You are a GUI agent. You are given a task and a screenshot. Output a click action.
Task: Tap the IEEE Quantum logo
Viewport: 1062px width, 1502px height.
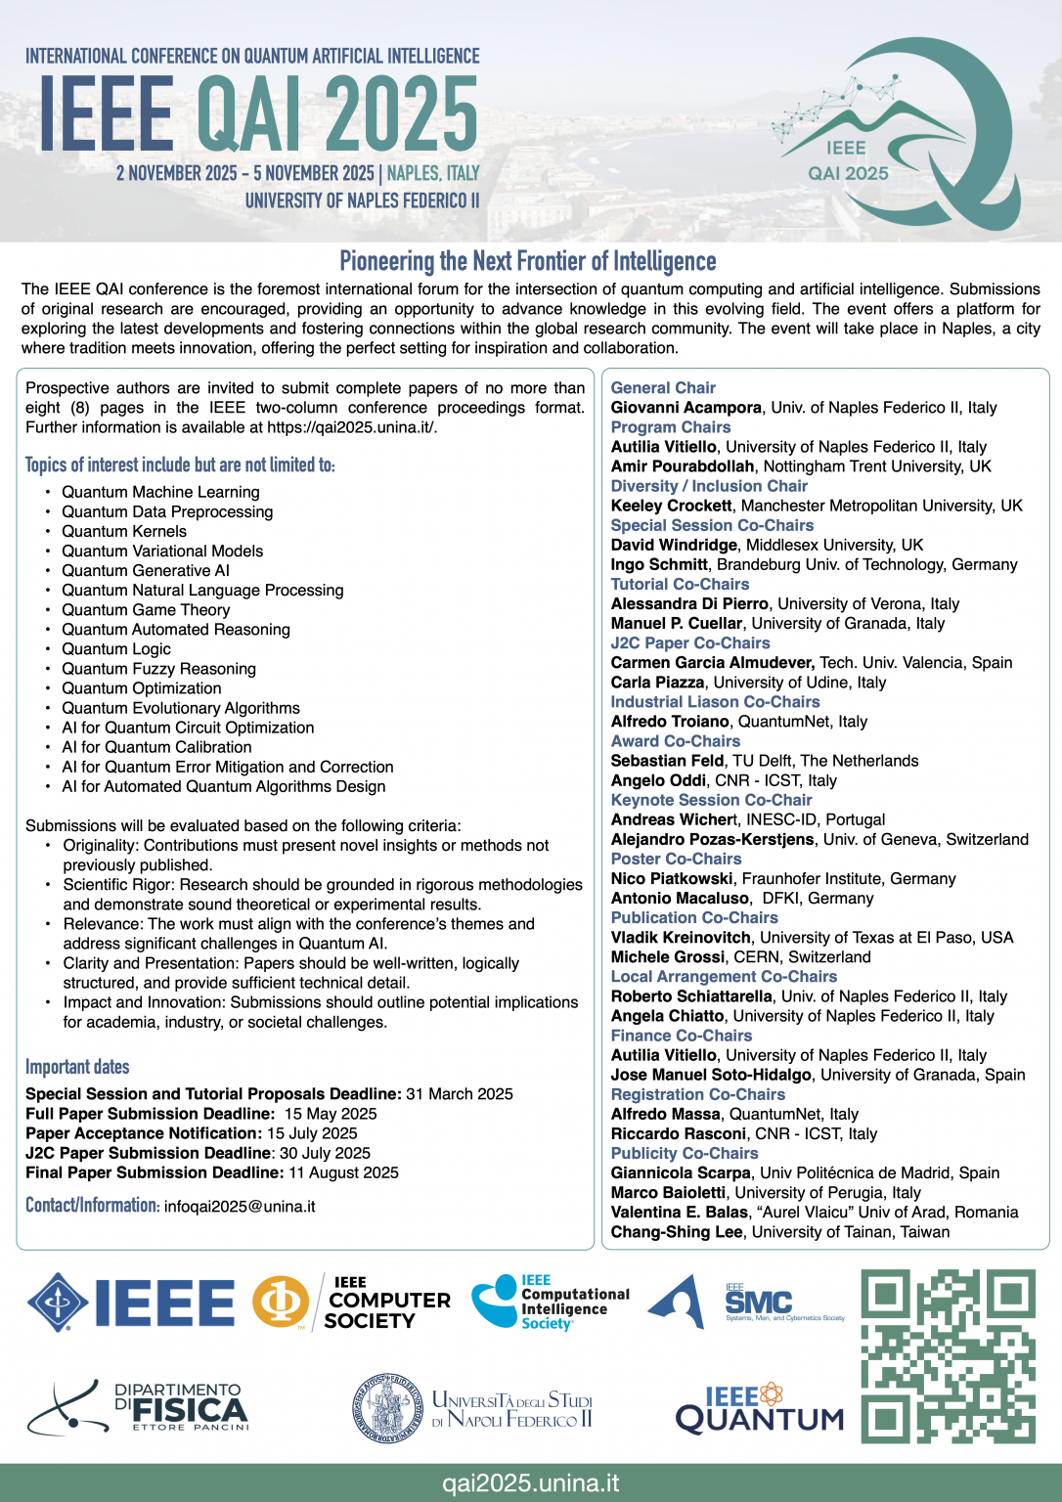pos(759,1409)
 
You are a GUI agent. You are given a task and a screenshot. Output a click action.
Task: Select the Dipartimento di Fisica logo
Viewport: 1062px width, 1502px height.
pos(138,1407)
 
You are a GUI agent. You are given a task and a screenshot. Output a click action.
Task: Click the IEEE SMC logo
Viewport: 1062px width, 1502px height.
pos(758,1303)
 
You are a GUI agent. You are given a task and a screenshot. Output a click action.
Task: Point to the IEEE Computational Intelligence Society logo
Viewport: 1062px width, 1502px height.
pos(551,1302)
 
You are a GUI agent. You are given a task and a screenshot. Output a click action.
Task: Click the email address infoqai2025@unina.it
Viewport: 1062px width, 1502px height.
pos(240,1207)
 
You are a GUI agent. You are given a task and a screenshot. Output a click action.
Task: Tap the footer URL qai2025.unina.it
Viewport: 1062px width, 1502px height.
pos(531,1482)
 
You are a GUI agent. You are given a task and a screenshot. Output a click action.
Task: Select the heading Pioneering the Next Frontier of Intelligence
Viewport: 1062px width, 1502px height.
pos(528,261)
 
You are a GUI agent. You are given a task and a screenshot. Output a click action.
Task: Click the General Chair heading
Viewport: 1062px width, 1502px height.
pos(663,388)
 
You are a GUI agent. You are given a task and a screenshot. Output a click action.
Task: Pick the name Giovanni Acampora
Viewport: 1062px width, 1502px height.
pos(686,408)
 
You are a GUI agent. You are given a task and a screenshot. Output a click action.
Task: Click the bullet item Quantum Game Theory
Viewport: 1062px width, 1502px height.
pos(146,610)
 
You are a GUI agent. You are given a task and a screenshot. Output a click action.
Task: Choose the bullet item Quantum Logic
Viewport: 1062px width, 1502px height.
pos(116,649)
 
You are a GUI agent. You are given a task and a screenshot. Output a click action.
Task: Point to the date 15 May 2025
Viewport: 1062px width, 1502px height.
pos(331,1114)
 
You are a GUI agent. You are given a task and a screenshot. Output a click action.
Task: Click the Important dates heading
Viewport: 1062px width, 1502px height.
pos(77,1067)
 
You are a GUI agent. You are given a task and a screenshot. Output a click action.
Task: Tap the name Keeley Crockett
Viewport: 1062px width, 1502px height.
pos(671,506)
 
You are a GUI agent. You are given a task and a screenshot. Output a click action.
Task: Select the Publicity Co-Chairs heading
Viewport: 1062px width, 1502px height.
pos(685,1154)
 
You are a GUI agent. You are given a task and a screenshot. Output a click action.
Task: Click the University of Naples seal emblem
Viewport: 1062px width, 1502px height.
pos(388,1408)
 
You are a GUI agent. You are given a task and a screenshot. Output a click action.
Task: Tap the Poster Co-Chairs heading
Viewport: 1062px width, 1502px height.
pos(676,860)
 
